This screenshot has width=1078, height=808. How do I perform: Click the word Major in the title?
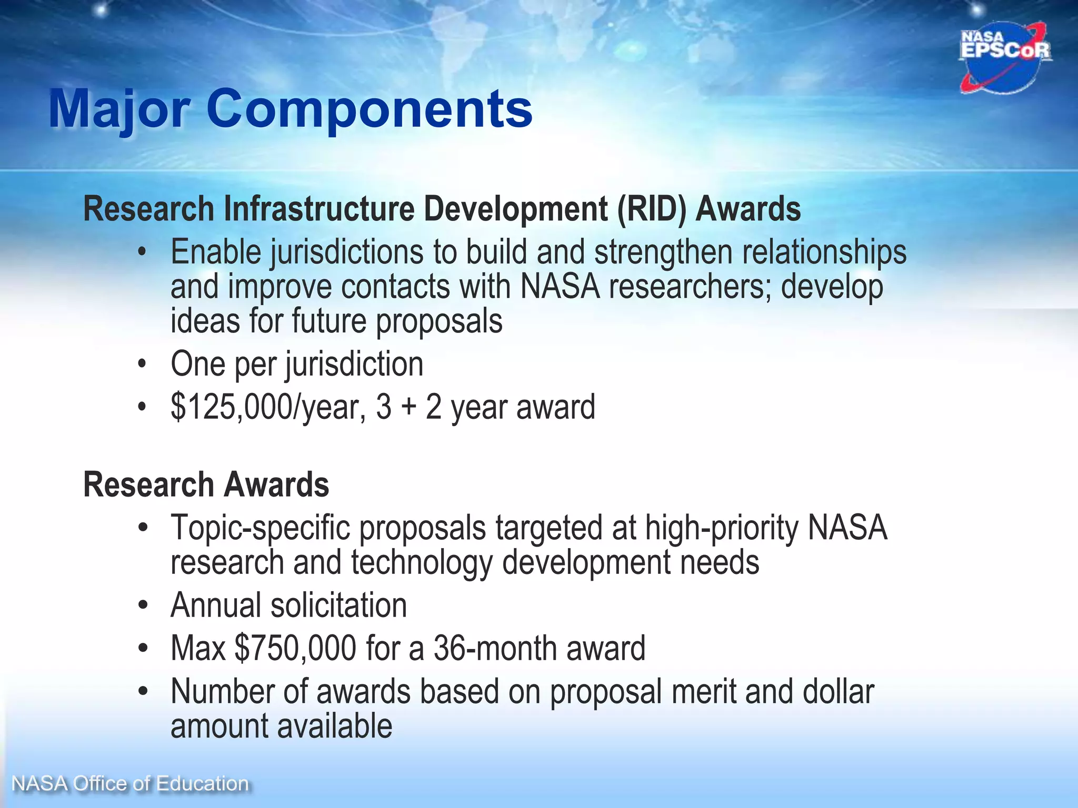coord(119,109)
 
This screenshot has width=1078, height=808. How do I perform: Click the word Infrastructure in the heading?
coord(319,209)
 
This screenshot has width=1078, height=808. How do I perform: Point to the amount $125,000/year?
coord(266,407)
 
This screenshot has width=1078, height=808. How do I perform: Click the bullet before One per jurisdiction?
coord(142,364)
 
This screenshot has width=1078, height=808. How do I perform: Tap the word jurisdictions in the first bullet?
coord(347,252)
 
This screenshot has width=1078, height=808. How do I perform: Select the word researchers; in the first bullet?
coord(690,287)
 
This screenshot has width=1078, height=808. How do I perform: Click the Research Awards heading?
coord(206,484)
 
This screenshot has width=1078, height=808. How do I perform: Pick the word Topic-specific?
coord(260,528)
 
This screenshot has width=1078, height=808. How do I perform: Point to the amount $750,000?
coord(295,648)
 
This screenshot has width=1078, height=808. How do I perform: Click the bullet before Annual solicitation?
coord(142,605)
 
